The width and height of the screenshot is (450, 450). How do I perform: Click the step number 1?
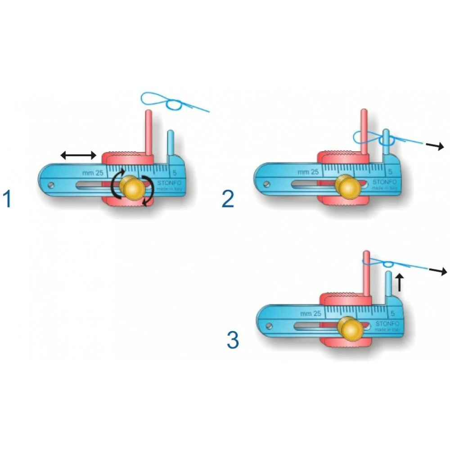click(7, 199)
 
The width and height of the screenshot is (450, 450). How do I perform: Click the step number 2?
click(228, 199)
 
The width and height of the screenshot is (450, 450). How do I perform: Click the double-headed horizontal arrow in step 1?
click(78, 156)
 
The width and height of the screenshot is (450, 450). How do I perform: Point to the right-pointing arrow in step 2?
click(435, 146)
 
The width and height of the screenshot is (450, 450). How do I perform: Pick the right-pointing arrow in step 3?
click(438, 271)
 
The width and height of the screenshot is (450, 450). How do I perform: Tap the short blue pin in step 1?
click(171, 143)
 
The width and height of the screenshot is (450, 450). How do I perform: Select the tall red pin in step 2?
click(365, 130)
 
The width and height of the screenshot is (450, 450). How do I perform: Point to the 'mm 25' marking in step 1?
click(93, 172)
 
